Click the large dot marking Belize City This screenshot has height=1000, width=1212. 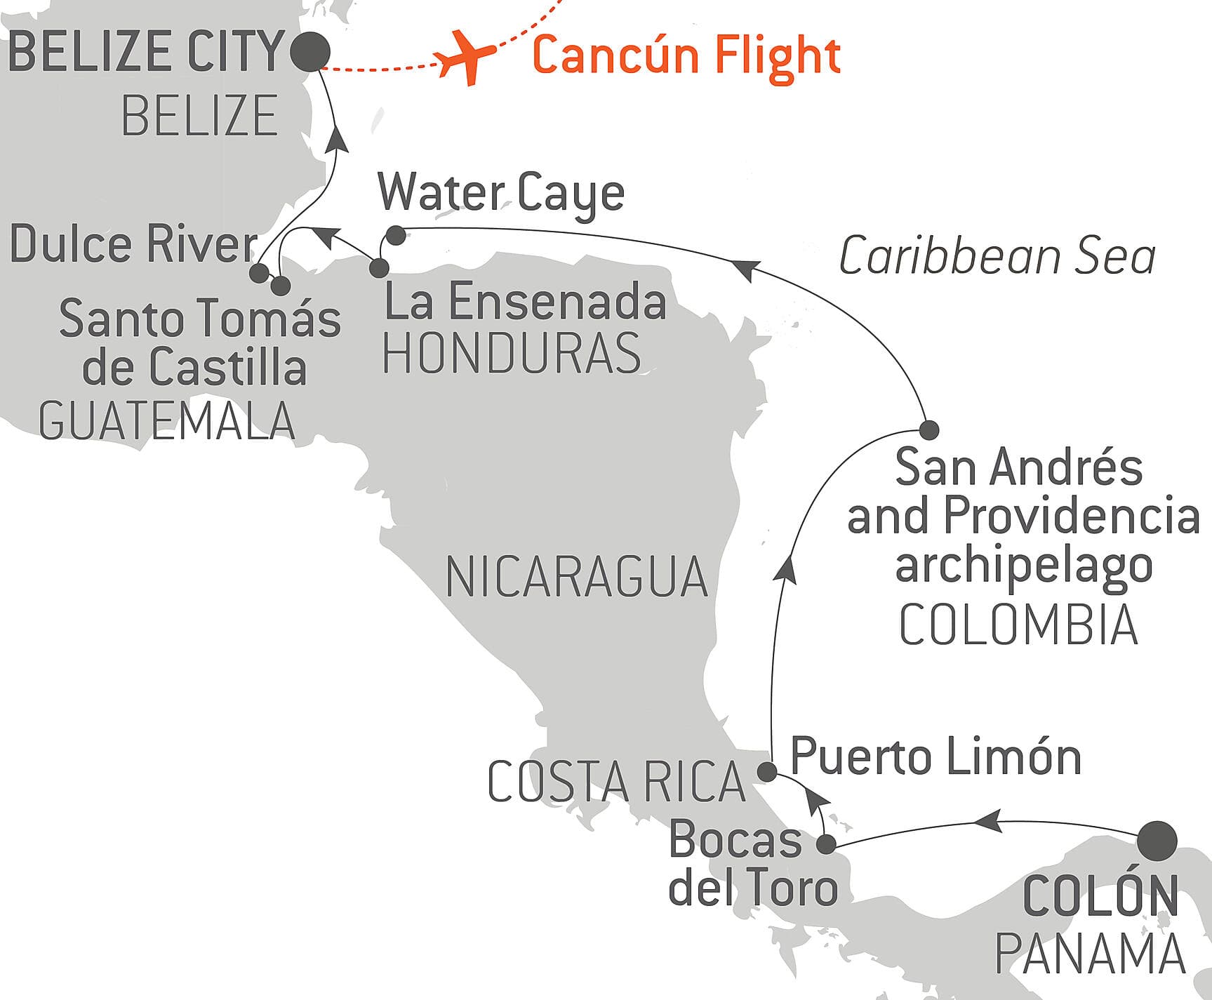click(x=310, y=52)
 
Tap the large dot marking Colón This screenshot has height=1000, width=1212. click(x=1157, y=841)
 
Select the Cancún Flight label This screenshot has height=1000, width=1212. click(x=686, y=55)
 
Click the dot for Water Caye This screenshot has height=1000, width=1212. click(x=396, y=236)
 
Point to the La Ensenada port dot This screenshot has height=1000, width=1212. click(x=378, y=267)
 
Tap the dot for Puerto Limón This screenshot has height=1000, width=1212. click(x=767, y=772)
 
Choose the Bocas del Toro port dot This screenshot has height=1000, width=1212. click(x=827, y=844)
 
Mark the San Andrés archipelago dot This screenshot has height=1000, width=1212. click(x=928, y=429)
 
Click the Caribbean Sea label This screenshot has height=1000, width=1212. click(x=997, y=256)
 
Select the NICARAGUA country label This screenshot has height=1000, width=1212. click(x=577, y=577)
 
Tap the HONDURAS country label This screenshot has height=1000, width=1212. click(x=512, y=353)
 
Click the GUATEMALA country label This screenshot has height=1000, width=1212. click(x=167, y=420)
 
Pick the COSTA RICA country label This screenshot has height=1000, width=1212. click(x=616, y=782)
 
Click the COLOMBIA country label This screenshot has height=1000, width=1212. click(x=1018, y=625)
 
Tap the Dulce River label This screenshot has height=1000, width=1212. click(x=133, y=244)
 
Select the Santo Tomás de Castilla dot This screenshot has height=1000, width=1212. click(x=280, y=286)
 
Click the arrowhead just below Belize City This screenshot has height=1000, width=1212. click(x=338, y=139)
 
